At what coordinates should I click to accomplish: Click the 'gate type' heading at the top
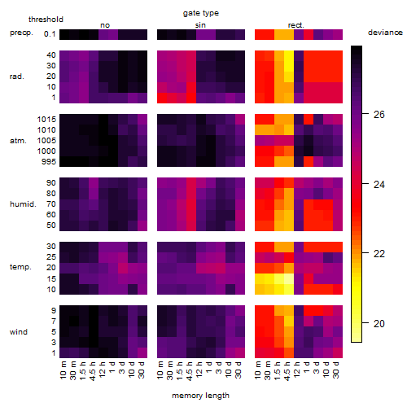[x=201, y=13]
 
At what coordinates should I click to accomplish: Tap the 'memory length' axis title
[x=200, y=396]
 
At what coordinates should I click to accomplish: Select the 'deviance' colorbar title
[x=385, y=33]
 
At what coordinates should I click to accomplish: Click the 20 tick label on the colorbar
[x=379, y=323]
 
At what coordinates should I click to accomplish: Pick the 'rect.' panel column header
[x=295, y=25]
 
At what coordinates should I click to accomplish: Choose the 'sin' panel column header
[x=200, y=25]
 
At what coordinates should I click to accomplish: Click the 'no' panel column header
[x=105, y=25]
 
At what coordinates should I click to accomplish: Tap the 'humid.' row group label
[x=23, y=204]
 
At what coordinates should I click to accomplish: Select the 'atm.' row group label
[x=18, y=141]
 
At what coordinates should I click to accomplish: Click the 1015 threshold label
[x=46, y=120]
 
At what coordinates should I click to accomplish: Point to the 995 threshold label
[x=49, y=162]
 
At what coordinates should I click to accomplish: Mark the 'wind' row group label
[x=19, y=332]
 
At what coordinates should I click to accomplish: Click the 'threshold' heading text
[x=46, y=20]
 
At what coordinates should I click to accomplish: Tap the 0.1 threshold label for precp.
[x=50, y=34]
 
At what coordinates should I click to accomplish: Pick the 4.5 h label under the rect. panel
[x=287, y=370]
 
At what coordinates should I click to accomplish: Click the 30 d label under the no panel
[x=142, y=370]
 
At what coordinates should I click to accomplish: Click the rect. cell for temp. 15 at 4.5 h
[x=289, y=278]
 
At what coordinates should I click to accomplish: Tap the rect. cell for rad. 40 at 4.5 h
[x=289, y=55]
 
